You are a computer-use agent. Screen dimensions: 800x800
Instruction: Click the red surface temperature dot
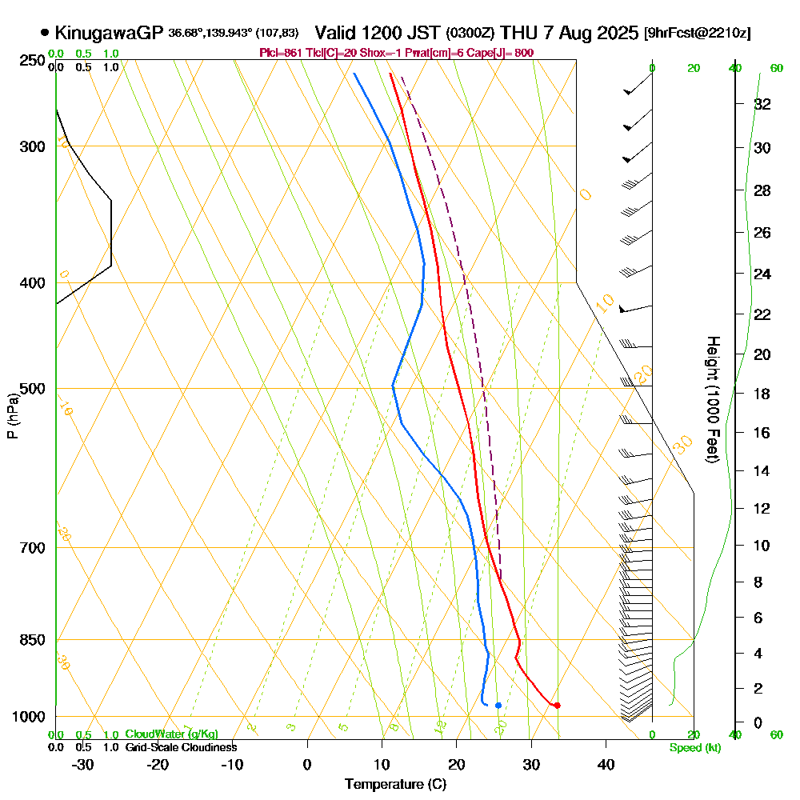point(557,705)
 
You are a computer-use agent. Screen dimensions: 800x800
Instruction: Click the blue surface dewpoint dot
point(498,705)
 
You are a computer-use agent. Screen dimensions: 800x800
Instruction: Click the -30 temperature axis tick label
point(82,764)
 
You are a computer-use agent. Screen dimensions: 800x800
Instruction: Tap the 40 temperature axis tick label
point(606,764)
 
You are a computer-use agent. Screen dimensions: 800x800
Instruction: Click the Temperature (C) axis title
point(395,784)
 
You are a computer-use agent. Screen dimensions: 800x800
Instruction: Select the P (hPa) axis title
point(13,415)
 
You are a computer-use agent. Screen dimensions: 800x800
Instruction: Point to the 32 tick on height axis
point(762,104)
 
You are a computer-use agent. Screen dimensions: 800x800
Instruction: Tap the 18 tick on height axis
point(762,394)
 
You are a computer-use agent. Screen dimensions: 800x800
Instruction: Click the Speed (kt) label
point(692,747)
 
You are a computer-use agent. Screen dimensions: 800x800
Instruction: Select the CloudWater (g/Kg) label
point(171,734)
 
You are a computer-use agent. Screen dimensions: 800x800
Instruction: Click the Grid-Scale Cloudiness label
point(180,747)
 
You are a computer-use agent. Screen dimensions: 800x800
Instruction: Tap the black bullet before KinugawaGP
point(45,33)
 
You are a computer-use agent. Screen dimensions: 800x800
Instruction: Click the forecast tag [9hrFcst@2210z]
point(697,34)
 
